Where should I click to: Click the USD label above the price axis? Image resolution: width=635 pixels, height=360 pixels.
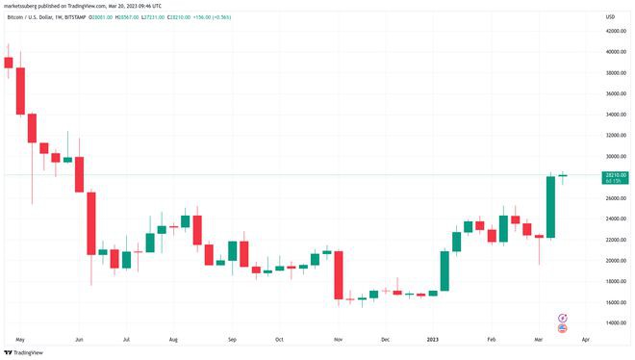click(609, 16)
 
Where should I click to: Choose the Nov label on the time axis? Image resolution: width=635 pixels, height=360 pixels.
click(337, 340)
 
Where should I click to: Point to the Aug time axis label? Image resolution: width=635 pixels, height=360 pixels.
click(173, 340)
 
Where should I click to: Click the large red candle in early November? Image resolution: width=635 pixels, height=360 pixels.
click(339, 275)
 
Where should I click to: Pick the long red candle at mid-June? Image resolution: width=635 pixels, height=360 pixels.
click(91, 223)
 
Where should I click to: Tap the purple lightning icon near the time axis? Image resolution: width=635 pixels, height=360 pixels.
click(563, 316)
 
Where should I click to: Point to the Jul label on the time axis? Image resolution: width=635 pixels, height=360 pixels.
click(126, 340)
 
